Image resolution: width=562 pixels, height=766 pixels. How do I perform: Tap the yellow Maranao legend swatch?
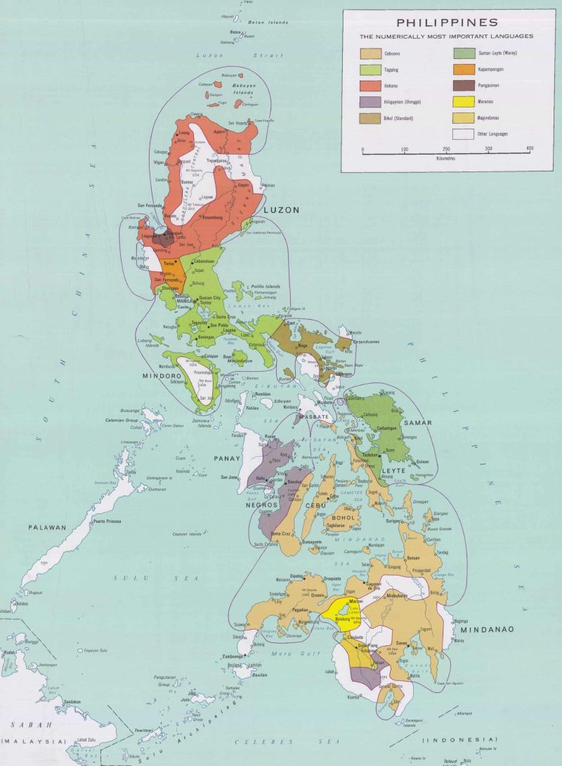tap(463, 101)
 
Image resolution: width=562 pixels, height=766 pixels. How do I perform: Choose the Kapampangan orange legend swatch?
tap(463, 70)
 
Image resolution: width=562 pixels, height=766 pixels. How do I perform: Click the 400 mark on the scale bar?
tap(529, 150)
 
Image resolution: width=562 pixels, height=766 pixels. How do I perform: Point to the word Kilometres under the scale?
tap(446, 159)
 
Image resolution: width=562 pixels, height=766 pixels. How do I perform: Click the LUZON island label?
tap(281, 210)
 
